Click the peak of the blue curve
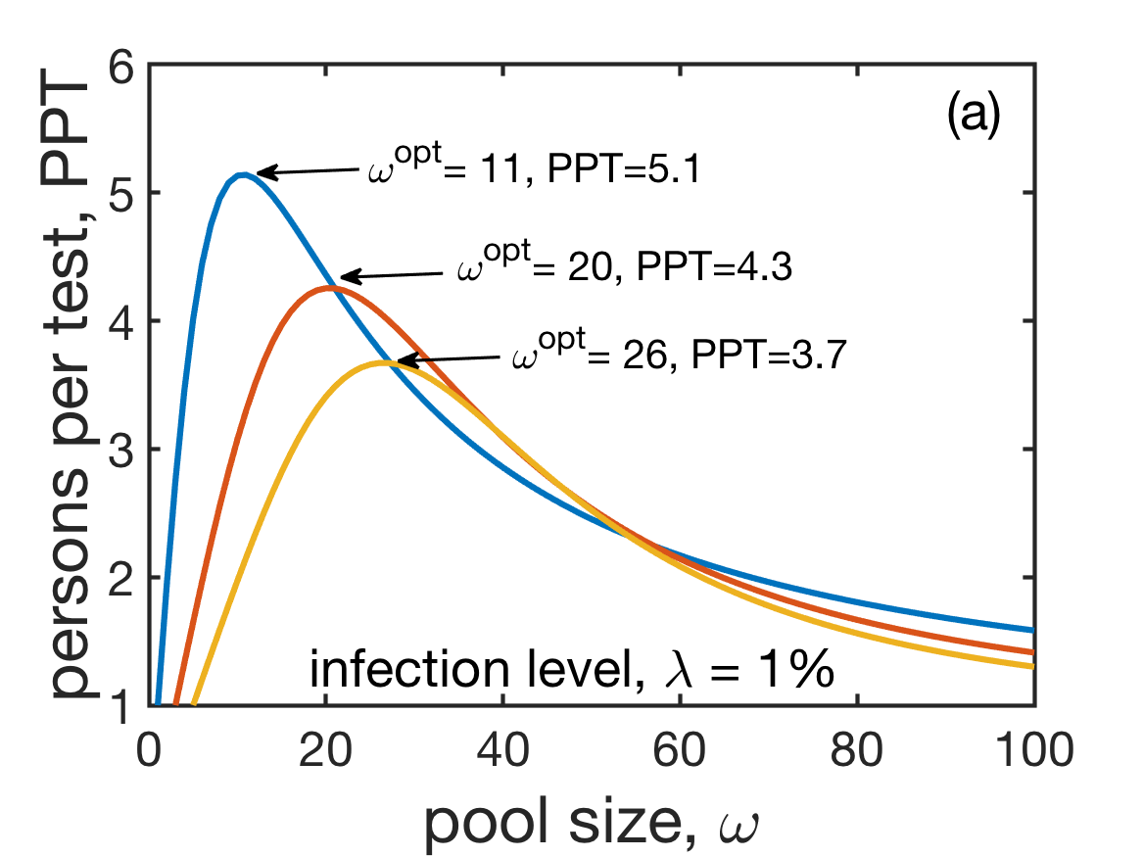coord(241,174)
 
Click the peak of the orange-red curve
coord(331,287)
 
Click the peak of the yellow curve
coord(385,362)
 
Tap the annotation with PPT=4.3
coord(624,268)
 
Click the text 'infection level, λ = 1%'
coord(571,673)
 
